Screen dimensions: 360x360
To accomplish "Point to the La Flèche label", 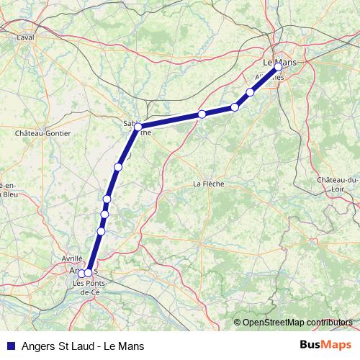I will [209, 184].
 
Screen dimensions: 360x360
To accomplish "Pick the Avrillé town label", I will [72, 257].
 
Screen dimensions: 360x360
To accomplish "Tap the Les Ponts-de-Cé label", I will [89, 287].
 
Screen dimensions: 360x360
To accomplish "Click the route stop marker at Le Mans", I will [279, 67].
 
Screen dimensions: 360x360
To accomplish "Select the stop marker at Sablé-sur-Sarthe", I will [138, 127].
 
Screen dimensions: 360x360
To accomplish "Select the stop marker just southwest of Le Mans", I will [251, 91].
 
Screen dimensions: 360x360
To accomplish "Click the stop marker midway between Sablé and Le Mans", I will [202, 114].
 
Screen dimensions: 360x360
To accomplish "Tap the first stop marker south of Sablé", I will [118, 167].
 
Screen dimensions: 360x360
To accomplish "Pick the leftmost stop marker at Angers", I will [81, 273].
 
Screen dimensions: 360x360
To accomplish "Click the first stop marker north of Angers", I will [101, 231].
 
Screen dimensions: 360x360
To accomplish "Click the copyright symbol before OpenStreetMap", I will [238, 323].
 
